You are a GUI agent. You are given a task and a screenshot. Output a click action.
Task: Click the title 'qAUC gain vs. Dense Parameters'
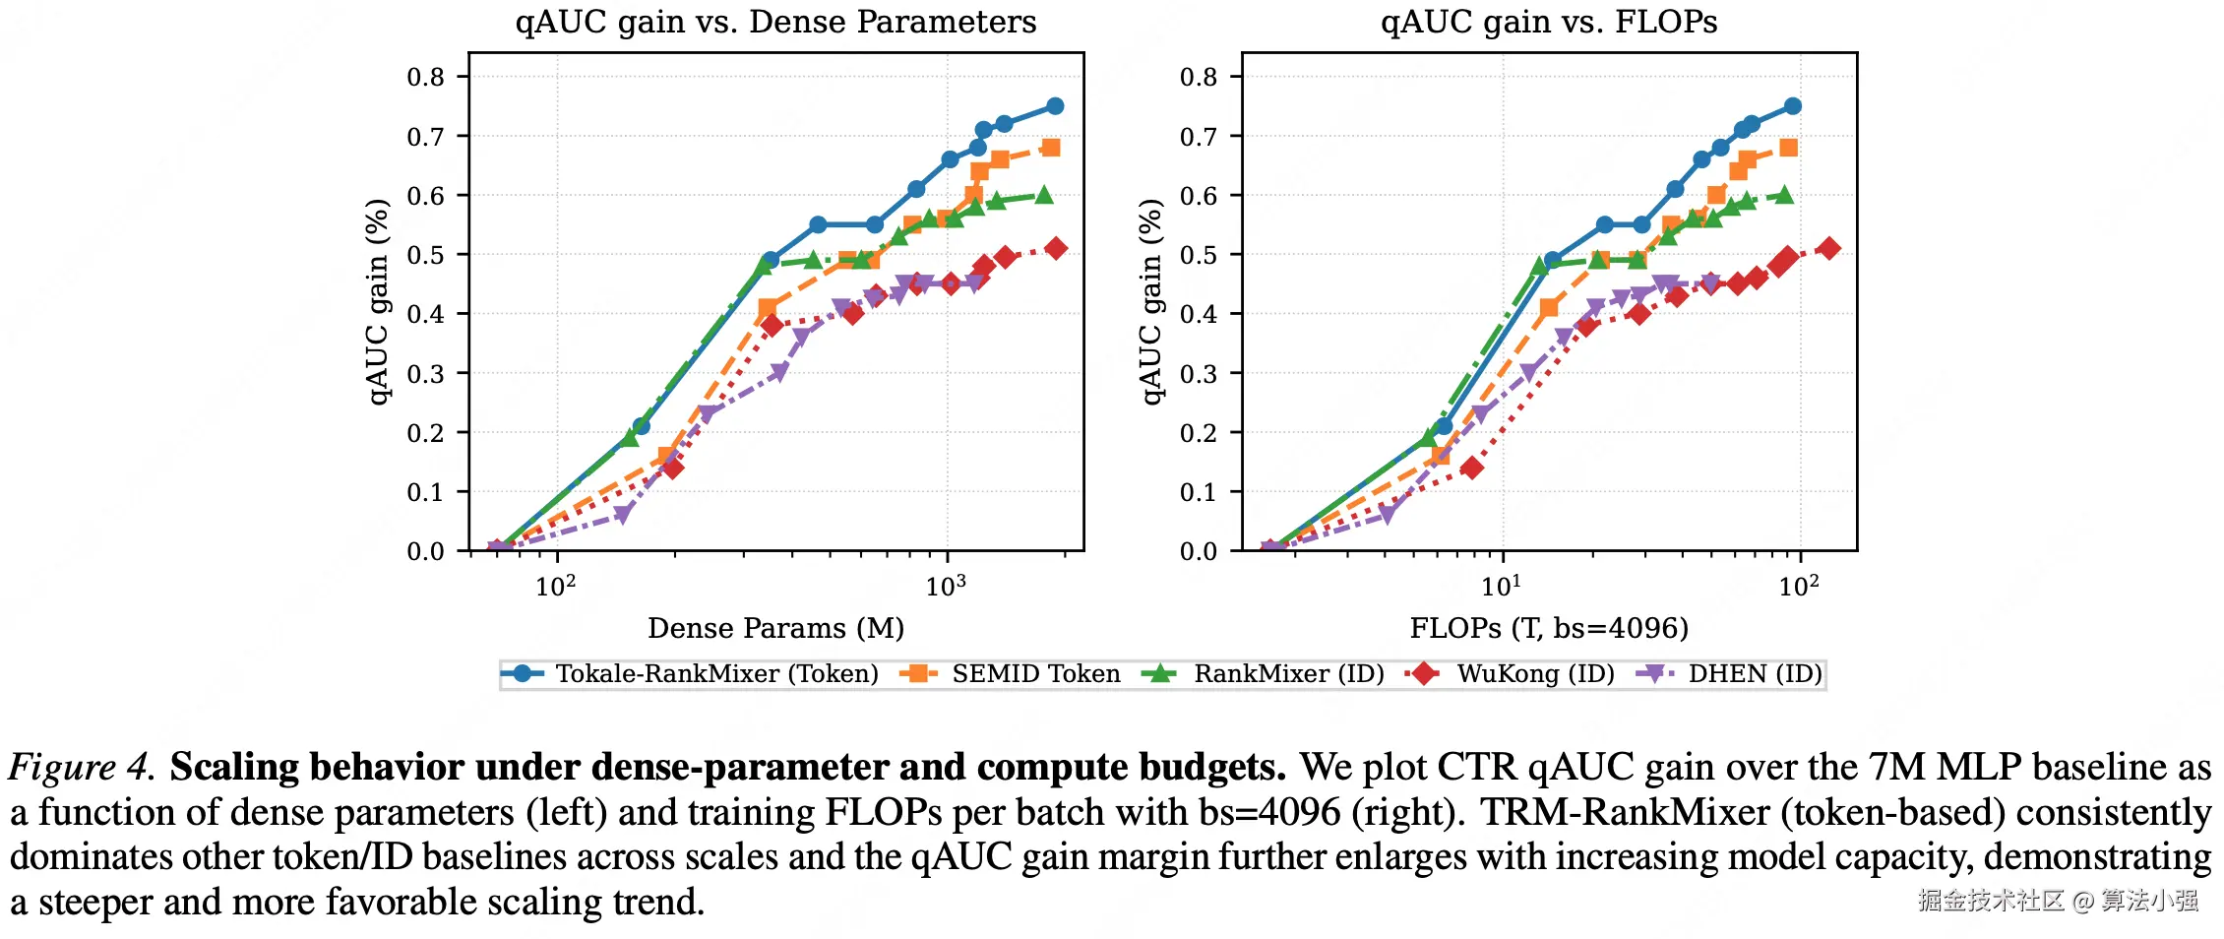pos(775,22)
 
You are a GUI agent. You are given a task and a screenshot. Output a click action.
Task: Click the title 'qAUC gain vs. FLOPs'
pos(1548,22)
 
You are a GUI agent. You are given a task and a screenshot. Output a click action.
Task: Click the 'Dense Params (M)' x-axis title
pos(775,628)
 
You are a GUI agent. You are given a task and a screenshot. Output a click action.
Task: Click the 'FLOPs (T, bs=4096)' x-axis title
pos(1548,628)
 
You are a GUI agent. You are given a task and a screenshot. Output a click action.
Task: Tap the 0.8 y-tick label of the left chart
pos(426,77)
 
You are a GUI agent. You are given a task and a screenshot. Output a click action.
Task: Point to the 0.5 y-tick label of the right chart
pos(1199,255)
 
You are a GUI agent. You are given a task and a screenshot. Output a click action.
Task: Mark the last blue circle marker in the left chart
pos(1055,106)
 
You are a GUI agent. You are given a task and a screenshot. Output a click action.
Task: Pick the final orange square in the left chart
pos(1051,148)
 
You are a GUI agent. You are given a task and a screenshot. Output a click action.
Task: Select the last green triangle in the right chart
pos(1784,195)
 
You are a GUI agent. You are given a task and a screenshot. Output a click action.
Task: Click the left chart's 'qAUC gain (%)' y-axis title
pos(378,302)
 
